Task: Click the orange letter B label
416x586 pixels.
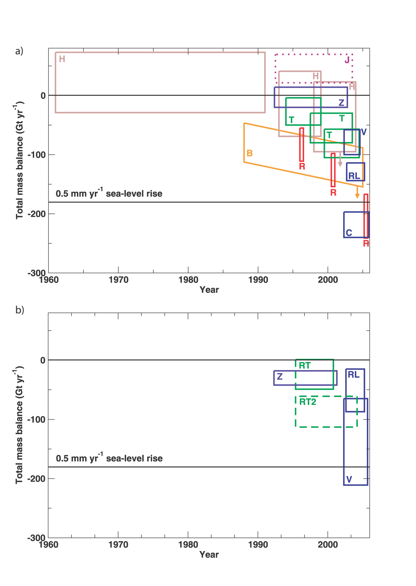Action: [x=250, y=153]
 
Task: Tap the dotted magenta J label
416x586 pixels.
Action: [x=347, y=60]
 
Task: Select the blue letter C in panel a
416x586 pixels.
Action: [x=349, y=233]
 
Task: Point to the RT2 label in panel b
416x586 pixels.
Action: [x=307, y=402]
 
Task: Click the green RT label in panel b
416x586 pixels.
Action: [x=305, y=366]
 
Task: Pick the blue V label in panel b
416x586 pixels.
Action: [x=349, y=479]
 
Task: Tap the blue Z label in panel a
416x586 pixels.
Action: [x=341, y=103]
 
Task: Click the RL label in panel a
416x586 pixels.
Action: [x=354, y=176]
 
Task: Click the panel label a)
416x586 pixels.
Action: [x=19, y=51]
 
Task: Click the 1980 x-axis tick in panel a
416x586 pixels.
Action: [x=188, y=280]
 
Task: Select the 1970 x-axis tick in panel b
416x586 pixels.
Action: [x=118, y=544]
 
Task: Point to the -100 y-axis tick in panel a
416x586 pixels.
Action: [x=36, y=154]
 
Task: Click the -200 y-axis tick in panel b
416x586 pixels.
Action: [x=36, y=478]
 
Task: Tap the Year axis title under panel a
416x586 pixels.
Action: [x=209, y=290]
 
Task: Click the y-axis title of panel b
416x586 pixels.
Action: [x=19, y=426]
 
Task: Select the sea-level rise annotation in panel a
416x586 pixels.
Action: [x=109, y=193]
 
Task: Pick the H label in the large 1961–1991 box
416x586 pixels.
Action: [x=62, y=59]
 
